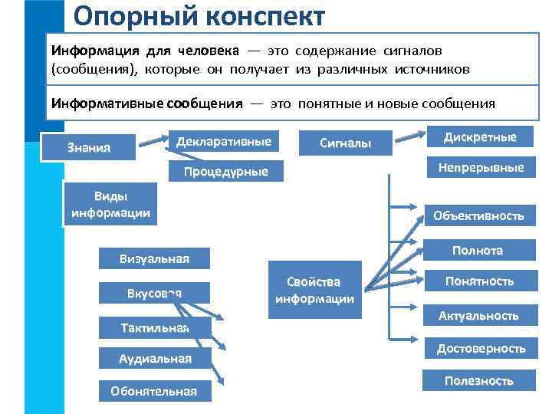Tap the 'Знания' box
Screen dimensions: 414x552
89,147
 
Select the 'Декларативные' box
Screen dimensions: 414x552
223,143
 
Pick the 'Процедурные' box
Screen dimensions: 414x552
225,171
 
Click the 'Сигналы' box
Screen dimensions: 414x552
345,143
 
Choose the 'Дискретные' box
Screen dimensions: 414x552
480,138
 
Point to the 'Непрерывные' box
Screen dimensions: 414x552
481,167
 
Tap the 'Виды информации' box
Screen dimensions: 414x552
110,205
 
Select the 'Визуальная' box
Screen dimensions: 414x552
154,258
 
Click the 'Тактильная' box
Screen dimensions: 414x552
154,328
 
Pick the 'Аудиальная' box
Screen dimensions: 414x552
155,358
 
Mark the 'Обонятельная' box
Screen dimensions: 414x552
153,391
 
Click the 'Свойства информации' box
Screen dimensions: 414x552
314,290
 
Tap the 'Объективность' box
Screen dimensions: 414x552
478,215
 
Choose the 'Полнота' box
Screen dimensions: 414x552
478,251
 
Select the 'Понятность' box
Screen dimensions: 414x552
479,281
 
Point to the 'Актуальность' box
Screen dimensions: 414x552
478,315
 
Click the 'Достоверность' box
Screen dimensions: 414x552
481,349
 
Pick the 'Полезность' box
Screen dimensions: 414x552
478,381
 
